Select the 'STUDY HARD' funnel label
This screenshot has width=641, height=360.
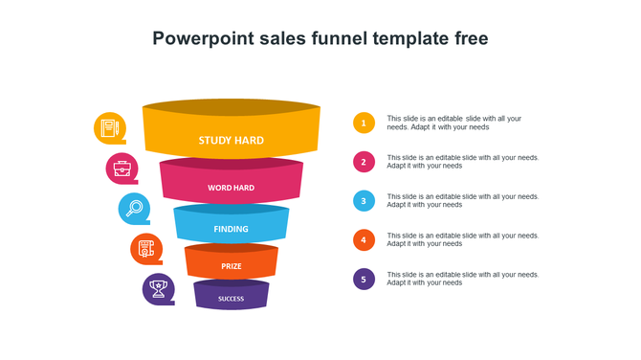[231, 141]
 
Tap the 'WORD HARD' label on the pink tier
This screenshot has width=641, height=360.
[231, 188]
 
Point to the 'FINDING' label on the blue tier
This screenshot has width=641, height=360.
[231, 229]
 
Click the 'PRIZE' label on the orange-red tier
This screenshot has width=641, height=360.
[231, 266]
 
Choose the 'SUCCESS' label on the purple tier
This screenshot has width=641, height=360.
[231, 299]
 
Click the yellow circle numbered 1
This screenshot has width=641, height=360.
[364, 123]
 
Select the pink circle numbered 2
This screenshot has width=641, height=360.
[364, 162]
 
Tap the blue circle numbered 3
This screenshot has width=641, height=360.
[364, 201]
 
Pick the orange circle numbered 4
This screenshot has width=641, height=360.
[364, 240]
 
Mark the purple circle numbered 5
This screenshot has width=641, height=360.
[364, 280]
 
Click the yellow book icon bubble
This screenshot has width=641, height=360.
[110, 127]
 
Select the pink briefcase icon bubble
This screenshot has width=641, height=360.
[122, 169]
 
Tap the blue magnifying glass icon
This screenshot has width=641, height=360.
[134, 208]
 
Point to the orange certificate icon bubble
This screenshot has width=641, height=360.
[146, 249]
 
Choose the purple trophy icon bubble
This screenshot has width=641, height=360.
[159, 288]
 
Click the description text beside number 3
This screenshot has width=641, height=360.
[462, 201]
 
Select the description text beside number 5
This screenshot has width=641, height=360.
[462, 279]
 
